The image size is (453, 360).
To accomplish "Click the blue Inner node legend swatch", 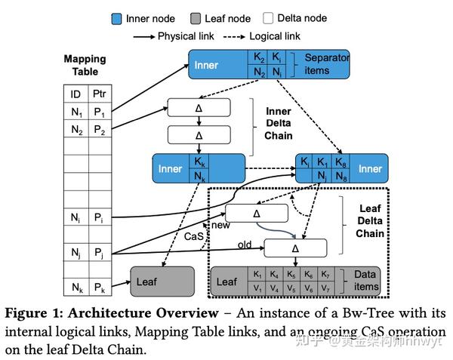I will point(117,18).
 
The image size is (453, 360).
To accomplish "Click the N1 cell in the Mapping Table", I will point(75,112).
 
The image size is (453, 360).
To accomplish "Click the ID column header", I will point(75,94).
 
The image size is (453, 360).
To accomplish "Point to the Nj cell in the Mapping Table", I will point(75,254).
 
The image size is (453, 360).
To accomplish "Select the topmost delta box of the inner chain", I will point(199,108).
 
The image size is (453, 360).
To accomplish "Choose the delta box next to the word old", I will point(295,248).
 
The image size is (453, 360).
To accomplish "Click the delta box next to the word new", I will point(257,214).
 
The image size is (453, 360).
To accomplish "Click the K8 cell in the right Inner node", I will point(341,162).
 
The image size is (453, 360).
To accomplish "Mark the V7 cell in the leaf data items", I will point(325,288).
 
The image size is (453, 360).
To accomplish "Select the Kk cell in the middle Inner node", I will point(199,162).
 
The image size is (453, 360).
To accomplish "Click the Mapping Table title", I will point(85,66).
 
